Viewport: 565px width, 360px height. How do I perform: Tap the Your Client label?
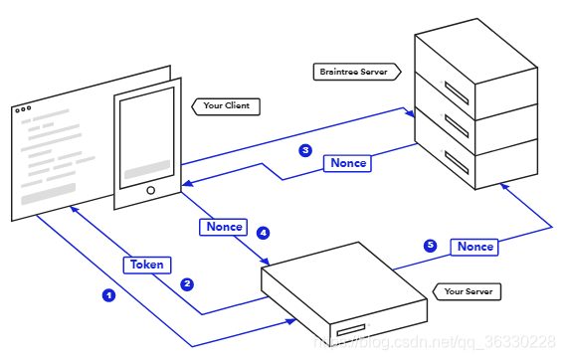coord(226,106)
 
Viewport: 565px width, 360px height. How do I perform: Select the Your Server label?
coord(467,291)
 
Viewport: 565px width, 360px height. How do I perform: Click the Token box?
coord(147,266)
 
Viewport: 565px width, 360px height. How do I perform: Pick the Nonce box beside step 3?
coord(347,163)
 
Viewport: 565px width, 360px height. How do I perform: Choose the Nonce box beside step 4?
coord(224,227)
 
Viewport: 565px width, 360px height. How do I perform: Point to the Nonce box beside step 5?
coord(474,247)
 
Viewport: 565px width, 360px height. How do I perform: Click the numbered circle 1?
coord(108,295)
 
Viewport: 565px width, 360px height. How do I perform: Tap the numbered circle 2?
coord(187,284)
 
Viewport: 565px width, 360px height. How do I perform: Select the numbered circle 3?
coord(305,150)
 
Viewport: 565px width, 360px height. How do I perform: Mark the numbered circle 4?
coord(263,233)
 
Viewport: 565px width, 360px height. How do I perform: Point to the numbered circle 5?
coord(431,246)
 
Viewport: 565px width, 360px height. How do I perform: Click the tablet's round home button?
coord(151,190)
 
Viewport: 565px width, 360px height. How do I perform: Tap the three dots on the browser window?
coord(23,109)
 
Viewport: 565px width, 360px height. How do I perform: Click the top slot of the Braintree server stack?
coord(457,92)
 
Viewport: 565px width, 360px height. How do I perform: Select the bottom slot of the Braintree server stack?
coord(457,162)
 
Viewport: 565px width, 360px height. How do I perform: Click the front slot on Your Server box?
coord(351,330)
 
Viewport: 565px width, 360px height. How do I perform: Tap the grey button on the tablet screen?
coord(147,169)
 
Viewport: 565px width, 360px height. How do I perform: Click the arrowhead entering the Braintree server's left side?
coord(410,113)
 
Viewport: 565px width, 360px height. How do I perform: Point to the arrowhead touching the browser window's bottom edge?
coord(75,210)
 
